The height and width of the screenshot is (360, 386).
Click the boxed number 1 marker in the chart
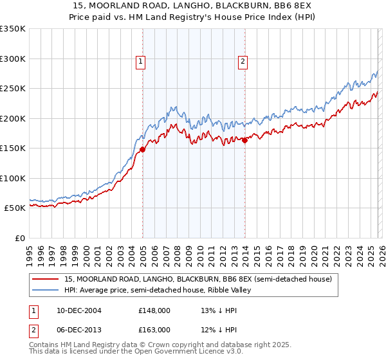tap(140, 62)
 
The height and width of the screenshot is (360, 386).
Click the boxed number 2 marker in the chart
tap(243, 62)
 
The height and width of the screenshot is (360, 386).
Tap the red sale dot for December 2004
tap(142, 150)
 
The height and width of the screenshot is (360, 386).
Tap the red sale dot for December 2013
tap(245, 141)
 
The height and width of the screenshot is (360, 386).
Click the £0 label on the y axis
tap(19, 238)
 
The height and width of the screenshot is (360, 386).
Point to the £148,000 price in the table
tap(154, 310)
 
